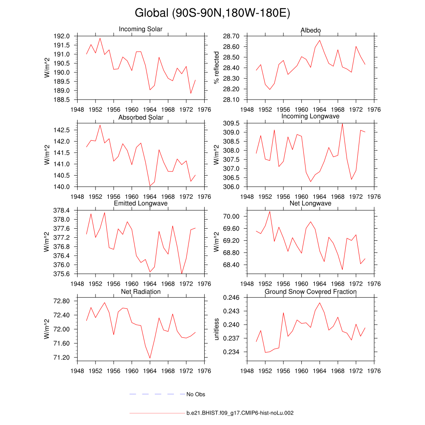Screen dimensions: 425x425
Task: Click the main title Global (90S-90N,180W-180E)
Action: point(212,13)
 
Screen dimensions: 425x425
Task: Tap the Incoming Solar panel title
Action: point(141,29)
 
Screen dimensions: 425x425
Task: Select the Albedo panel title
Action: point(311,30)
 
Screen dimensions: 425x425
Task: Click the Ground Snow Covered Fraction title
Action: point(311,292)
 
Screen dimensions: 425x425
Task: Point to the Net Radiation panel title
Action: point(141,292)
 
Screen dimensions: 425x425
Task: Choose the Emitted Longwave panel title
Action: point(141,203)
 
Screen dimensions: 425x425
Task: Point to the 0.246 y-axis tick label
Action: point(232,298)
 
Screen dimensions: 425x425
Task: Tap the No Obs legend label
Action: point(196,394)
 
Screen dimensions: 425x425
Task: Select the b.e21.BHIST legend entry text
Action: point(240,413)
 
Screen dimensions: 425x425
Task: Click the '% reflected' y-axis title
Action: point(216,68)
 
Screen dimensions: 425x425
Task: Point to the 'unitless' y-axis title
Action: point(216,329)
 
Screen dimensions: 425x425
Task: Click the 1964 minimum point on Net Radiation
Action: point(150,358)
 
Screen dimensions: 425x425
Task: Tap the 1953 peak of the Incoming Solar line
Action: point(100,38)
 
